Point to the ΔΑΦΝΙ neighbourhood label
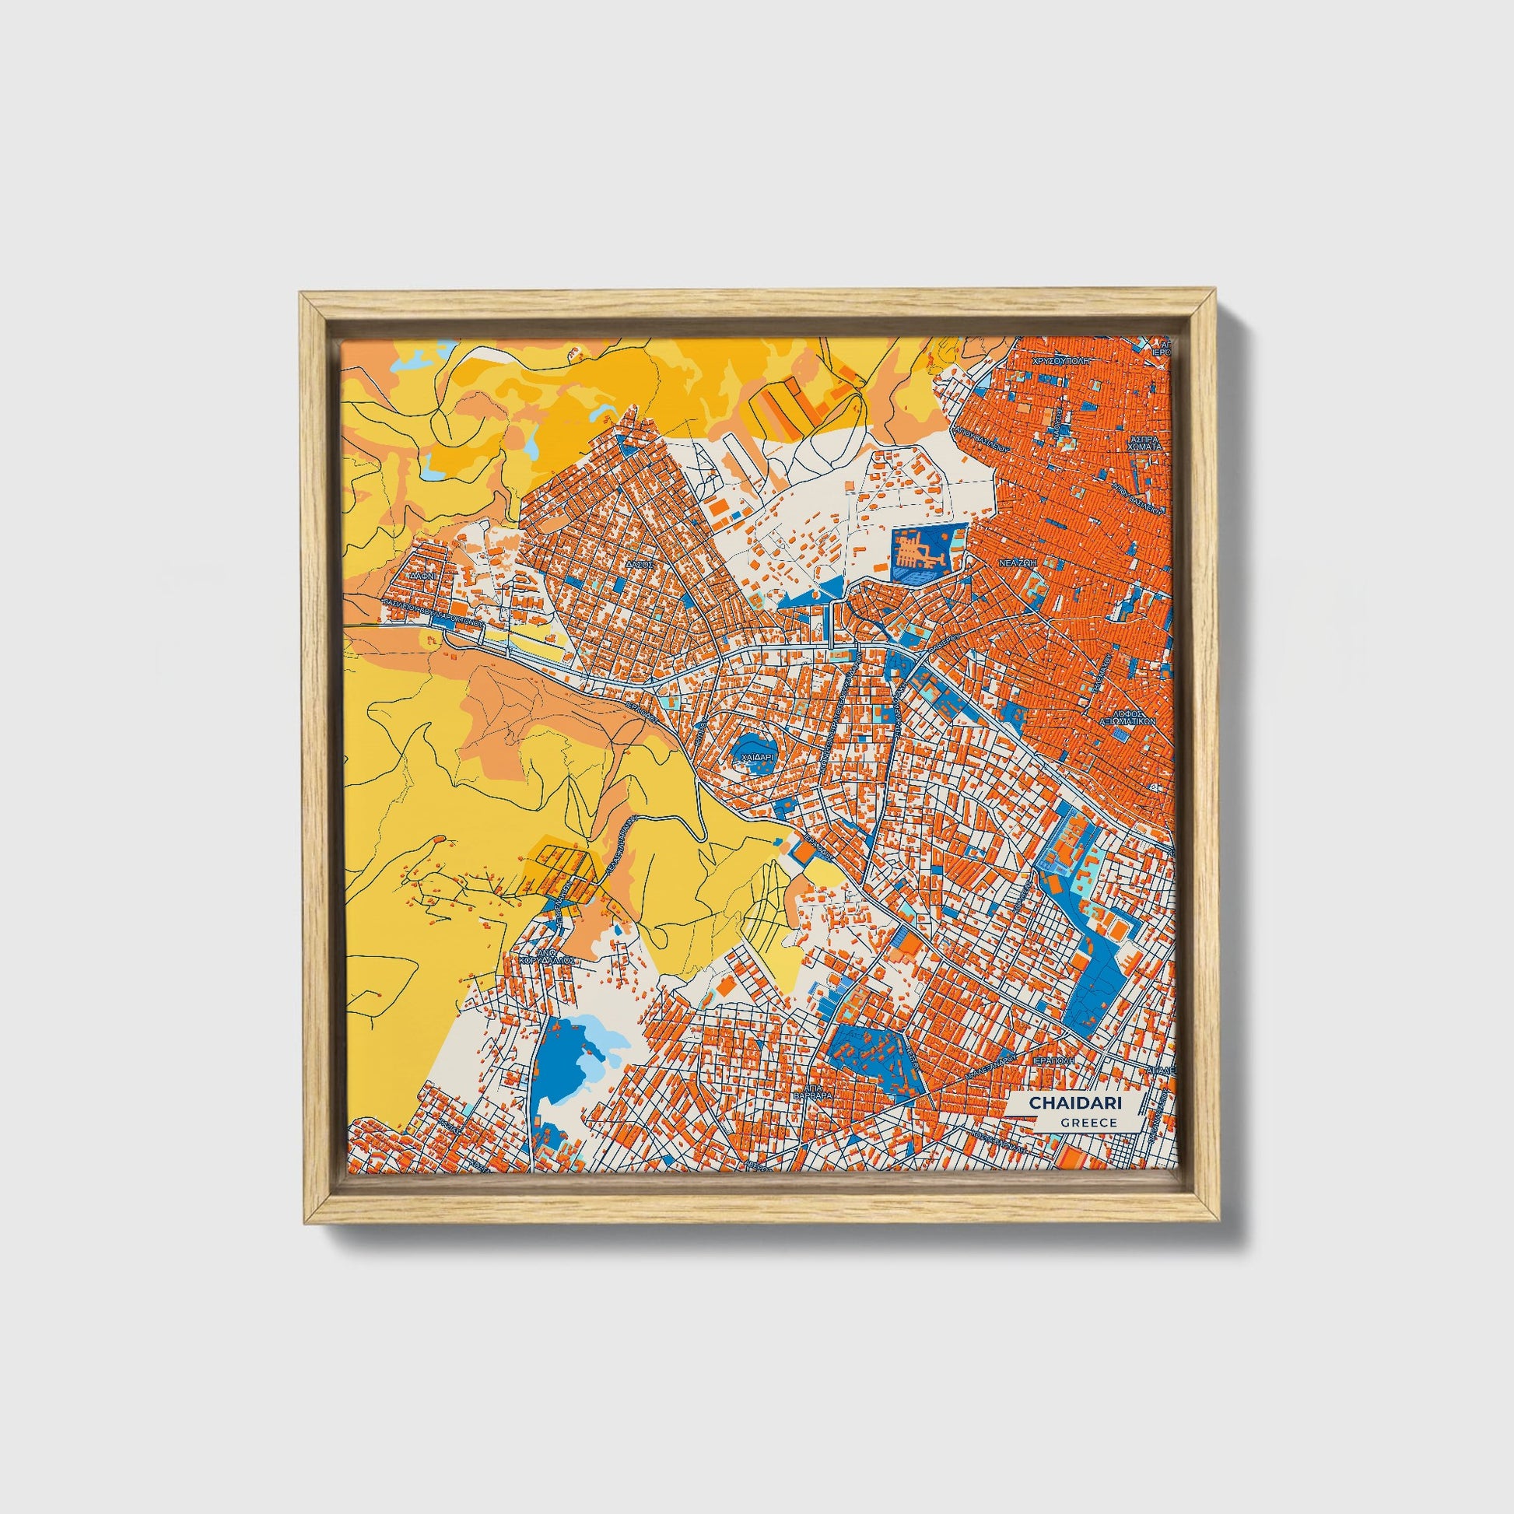(425, 574)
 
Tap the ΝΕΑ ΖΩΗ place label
(1017, 562)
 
